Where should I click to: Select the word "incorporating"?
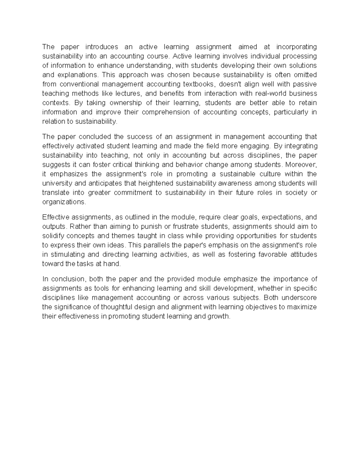[x=296, y=47]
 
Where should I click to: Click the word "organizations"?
[x=64, y=202]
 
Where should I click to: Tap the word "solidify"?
[x=53, y=236]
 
